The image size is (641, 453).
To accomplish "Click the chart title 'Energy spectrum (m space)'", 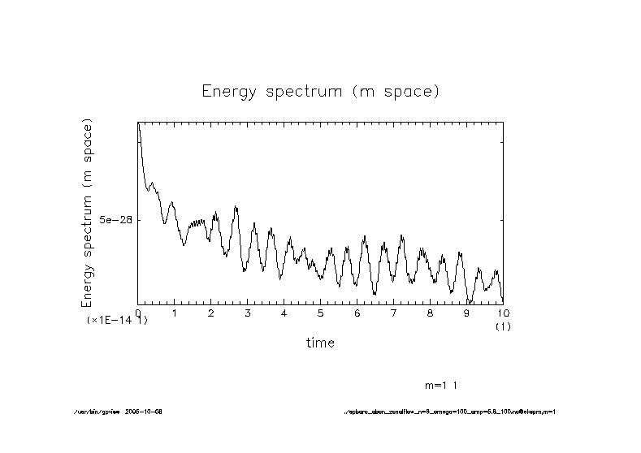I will tap(321, 91).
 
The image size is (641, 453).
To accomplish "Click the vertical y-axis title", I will tap(87, 213).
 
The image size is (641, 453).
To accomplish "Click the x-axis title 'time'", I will tap(320, 343).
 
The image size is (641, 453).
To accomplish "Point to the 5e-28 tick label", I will tap(115, 220).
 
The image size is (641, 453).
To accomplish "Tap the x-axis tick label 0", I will tap(138, 313).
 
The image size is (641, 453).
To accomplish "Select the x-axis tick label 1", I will tap(175, 313).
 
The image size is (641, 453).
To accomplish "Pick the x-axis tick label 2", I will tap(211, 313).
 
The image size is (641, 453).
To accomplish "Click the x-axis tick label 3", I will tap(248, 313).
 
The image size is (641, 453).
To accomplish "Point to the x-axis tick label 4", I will tap(284, 313).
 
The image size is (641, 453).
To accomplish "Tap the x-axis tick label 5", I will tap(321, 313).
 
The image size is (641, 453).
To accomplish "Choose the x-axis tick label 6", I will tap(357, 313).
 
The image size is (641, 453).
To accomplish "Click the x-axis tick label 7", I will tap(394, 313).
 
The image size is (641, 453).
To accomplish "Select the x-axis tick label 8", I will tap(431, 313).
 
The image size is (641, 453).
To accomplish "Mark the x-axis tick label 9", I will tap(467, 313).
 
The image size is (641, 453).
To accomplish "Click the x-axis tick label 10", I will tap(503, 313).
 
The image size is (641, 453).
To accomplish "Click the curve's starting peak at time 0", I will tap(139, 124).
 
